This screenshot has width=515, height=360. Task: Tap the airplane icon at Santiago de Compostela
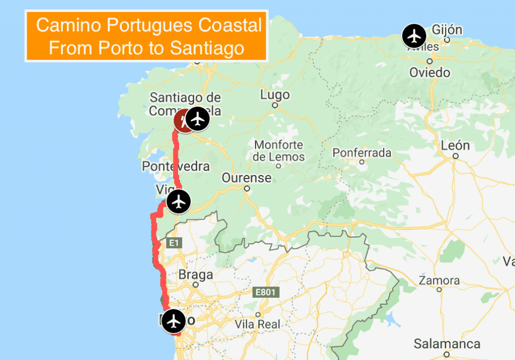[199, 119]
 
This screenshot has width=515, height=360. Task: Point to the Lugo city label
[275, 95]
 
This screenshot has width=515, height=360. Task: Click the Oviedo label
[430, 72]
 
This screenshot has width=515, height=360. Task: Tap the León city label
[455, 146]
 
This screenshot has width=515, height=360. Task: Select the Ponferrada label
[362, 152]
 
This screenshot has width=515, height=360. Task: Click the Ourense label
[246, 177]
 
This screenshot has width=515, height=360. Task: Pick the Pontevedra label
[176, 166]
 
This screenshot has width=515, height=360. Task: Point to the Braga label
[196, 275]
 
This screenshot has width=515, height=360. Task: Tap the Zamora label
[439, 280]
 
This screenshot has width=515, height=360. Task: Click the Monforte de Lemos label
[279, 151]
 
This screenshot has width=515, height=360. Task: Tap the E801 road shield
[265, 292]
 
